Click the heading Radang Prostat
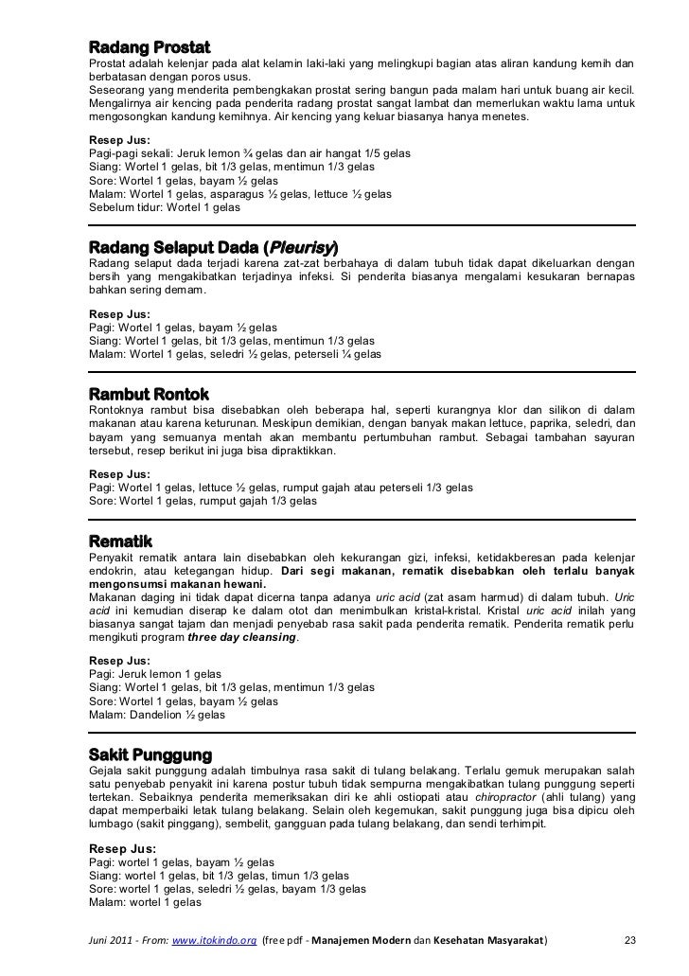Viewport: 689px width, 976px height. pos(149,47)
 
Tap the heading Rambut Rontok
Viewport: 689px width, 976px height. pos(148,393)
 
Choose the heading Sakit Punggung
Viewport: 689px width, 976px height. pos(150,754)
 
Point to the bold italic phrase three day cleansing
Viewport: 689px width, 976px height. pos(243,638)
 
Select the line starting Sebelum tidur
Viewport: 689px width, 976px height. pos(164,206)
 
